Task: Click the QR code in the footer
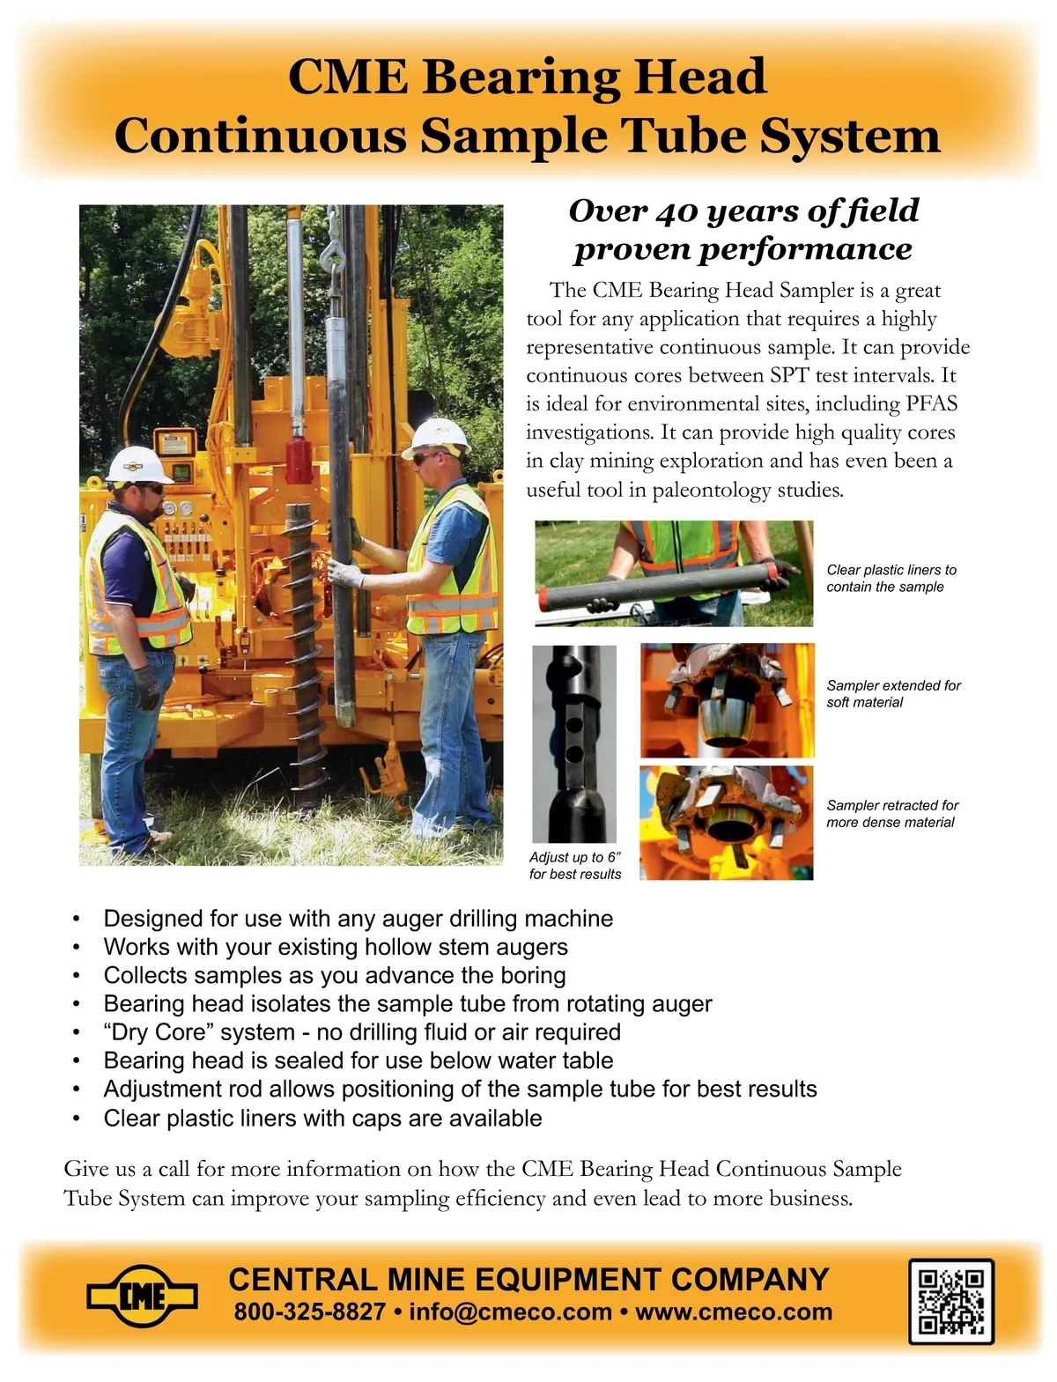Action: [x=950, y=1301]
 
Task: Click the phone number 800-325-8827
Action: [x=309, y=1312]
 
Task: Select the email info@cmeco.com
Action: [x=510, y=1312]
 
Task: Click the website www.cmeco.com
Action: [x=733, y=1312]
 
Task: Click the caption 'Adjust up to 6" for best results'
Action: [x=575, y=865]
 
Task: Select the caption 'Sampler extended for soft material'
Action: [x=893, y=693]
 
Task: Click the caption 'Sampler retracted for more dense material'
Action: [x=891, y=813]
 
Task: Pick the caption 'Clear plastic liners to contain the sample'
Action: [x=891, y=578]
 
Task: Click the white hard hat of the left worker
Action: [x=137, y=464]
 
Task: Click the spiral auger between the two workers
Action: [x=303, y=652]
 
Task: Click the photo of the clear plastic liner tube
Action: [x=673, y=573]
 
